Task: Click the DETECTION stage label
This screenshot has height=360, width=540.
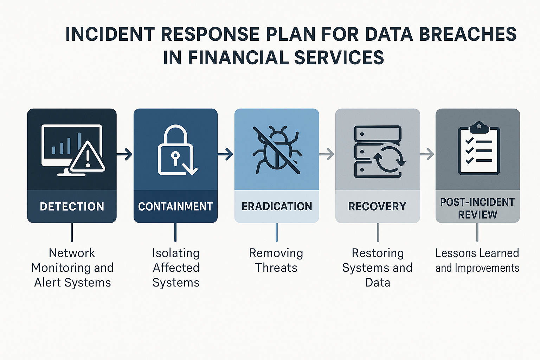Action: click(x=72, y=206)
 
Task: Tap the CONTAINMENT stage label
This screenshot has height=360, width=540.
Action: click(x=175, y=206)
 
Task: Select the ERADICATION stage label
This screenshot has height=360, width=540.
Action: click(x=277, y=206)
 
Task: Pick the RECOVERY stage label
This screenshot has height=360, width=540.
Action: click(x=377, y=206)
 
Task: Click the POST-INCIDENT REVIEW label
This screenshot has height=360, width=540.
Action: click(x=477, y=208)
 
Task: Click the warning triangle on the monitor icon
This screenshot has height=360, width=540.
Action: click(x=88, y=158)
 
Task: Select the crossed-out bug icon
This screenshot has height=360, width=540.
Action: click(x=277, y=150)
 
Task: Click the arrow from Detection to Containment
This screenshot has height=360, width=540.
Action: click(x=124, y=154)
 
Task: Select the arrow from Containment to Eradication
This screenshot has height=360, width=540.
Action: click(x=225, y=154)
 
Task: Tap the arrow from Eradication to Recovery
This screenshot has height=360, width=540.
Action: click(x=327, y=154)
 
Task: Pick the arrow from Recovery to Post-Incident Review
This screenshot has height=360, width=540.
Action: click(x=427, y=154)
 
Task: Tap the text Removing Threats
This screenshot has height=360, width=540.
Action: click(x=276, y=260)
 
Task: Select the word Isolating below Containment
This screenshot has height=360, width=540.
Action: click(x=176, y=253)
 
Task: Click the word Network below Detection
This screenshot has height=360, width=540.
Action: click(x=72, y=253)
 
